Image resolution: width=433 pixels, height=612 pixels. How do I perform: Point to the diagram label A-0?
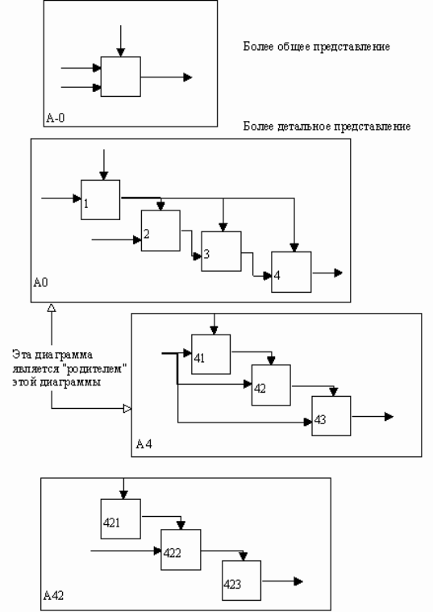pos(56,118)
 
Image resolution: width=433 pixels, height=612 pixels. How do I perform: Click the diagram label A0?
pos(40,282)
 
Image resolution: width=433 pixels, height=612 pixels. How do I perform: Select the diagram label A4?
pos(144,443)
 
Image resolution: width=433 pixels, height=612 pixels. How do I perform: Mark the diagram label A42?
pos(53,595)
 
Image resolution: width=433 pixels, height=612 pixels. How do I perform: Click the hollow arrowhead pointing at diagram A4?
pos(127,409)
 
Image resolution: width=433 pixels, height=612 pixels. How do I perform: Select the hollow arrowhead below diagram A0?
pos(51,307)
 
